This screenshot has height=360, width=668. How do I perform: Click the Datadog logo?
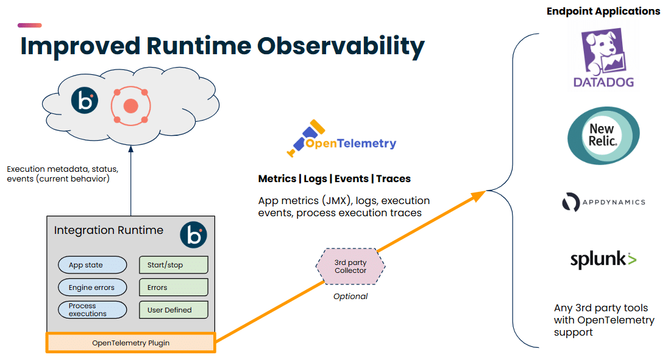pyautogui.click(x=603, y=57)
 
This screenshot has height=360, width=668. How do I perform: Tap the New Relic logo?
pyautogui.click(x=603, y=135)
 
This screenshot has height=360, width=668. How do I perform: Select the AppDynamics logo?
pyautogui.click(x=603, y=202)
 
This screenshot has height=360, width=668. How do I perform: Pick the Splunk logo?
pyautogui.click(x=603, y=259)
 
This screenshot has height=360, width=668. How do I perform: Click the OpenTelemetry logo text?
pyautogui.click(x=350, y=143)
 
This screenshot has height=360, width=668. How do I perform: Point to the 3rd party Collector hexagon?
pyautogui.click(x=350, y=266)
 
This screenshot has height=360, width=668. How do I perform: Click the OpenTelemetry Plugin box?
pyautogui.click(x=131, y=342)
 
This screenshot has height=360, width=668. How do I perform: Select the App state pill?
pyautogui.click(x=93, y=265)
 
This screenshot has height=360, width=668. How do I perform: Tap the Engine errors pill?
pyautogui.click(x=93, y=288)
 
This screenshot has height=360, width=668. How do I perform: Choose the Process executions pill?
pyautogui.click(x=93, y=310)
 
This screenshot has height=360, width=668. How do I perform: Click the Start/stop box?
pyautogui.click(x=173, y=265)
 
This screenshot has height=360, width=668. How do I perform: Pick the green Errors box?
pyautogui.click(x=173, y=288)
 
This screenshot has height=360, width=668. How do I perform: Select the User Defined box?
pyautogui.click(x=173, y=310)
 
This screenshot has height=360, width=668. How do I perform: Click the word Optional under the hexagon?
pyautogui.click(x=350, y=296)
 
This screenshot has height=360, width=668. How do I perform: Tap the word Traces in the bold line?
pyautogui.click(x=393, y=178)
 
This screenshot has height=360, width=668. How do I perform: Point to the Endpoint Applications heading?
pyautogui.click(x=603, y=11)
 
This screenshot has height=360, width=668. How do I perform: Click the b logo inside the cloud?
pyautogui.click(x=84, y=101)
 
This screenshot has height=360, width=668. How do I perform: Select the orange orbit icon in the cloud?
pyautogui.click(x=131, y=106)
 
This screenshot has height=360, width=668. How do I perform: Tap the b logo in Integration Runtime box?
pyautogui.click(x=193, y=235)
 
